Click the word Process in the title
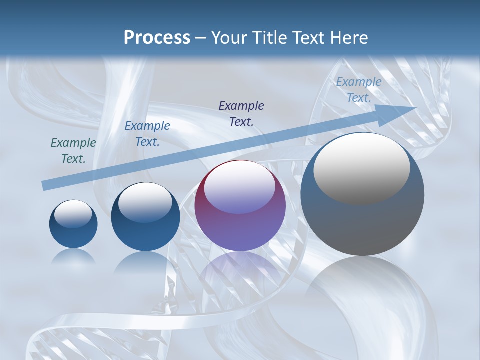click(157, 38)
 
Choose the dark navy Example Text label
click(241, 113)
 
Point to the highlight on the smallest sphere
click(73, 214)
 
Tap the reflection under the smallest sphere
click(73, 256)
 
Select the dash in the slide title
click(201, 38)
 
